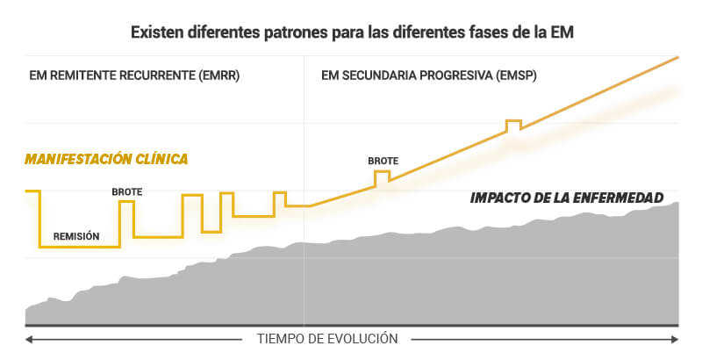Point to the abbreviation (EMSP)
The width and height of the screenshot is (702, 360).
pos(512,76)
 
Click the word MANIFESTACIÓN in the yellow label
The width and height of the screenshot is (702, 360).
pos(79,159)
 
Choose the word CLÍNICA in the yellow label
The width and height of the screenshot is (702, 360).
pos(162,159)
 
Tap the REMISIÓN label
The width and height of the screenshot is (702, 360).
pos(76,236)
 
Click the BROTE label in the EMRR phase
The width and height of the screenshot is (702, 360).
pos(126,191)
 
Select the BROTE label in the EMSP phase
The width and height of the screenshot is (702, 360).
pos(383,161)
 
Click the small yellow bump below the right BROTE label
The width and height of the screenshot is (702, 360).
pos(382,176)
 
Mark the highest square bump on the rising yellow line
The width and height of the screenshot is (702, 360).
pos(513,125)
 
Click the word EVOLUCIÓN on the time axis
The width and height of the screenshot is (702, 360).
pos(362,338)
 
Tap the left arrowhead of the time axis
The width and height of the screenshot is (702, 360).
pos(28,339)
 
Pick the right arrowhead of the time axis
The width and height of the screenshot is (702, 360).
pos(675,339)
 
